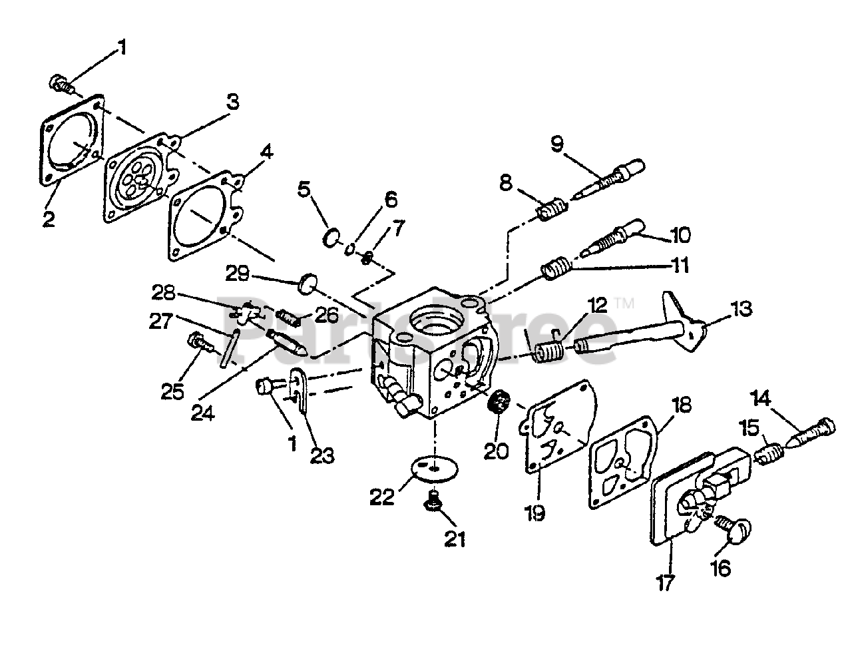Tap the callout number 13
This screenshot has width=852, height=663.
click(740, 309)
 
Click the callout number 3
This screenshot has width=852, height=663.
click(232, 102)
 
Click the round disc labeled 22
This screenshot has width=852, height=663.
click(433, 469)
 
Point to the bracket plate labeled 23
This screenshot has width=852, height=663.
click(300, 393)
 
